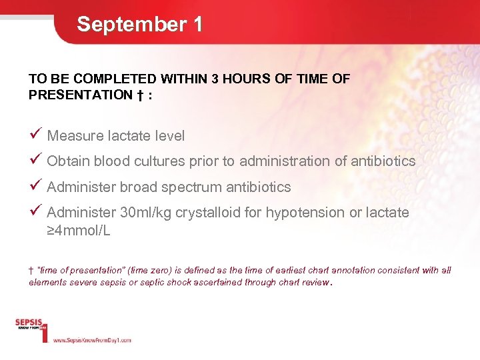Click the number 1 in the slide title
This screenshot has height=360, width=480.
(x=197, y=25)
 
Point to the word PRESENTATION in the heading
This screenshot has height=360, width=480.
(x=81, y=95)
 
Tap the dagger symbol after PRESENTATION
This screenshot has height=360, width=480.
(x=141, y=95)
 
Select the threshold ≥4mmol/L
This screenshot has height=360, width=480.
(x=79, y=231)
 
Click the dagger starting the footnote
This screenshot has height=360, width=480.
(x=31, y=270)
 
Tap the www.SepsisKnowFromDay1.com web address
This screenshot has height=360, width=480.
(x=92, y=340)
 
